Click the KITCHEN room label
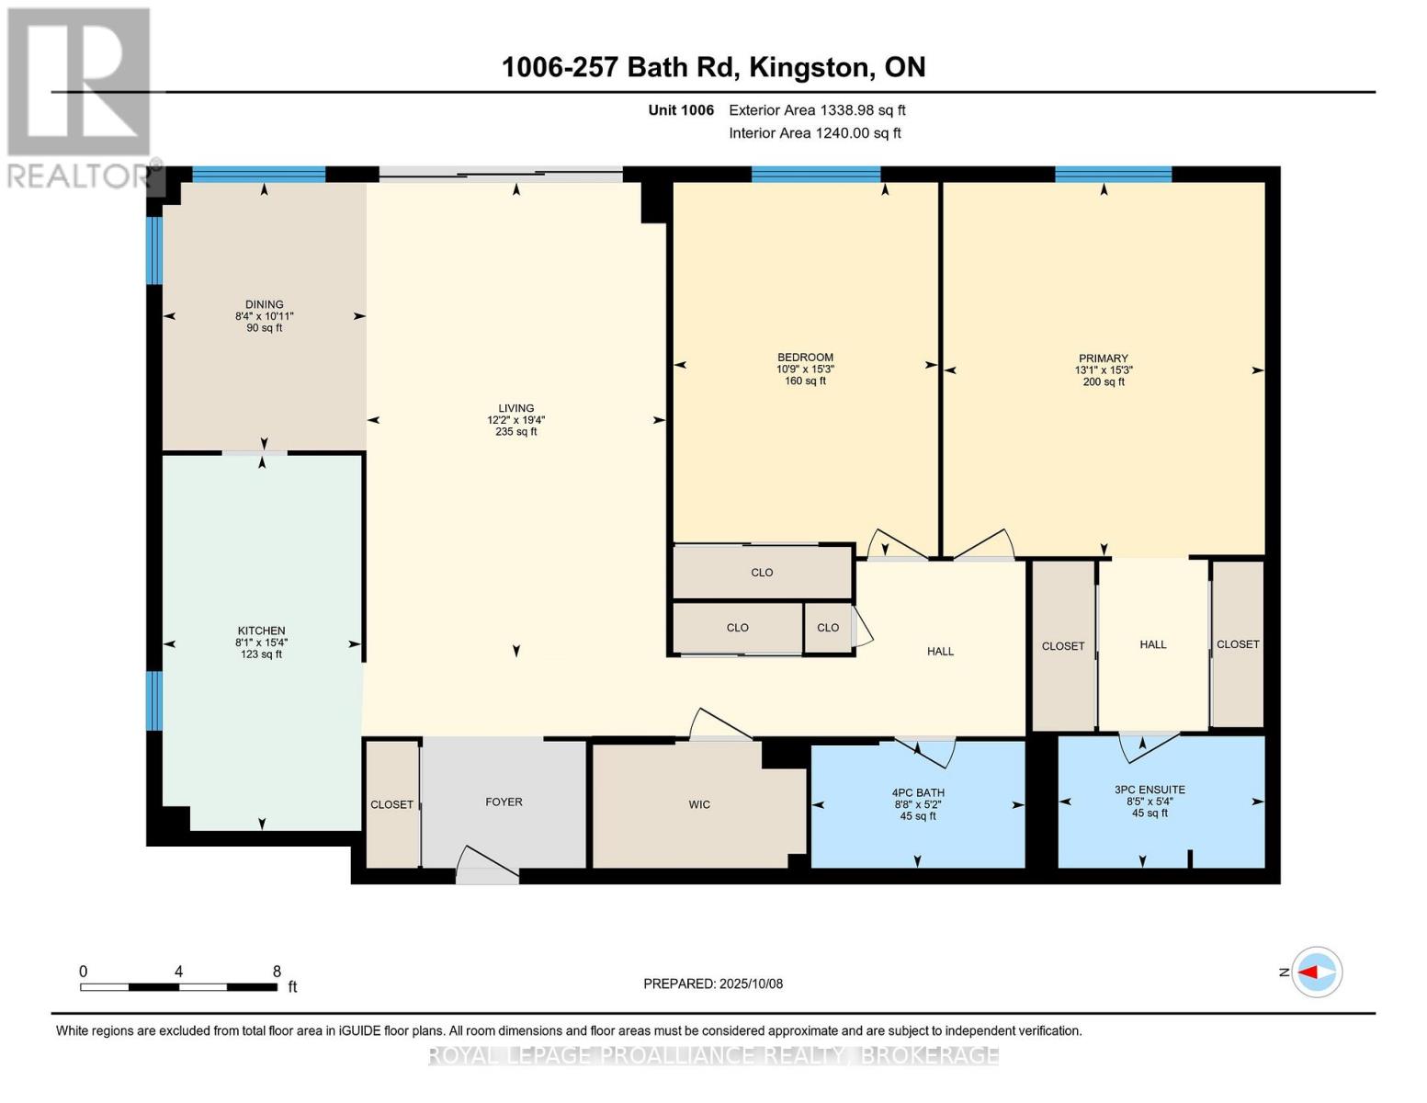coord(261,631)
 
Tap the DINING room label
coord(264,304)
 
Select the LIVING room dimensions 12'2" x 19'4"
coord(516,420)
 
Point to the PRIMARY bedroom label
coord(1104,358)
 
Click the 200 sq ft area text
coord(1104,381)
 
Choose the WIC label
coord(699,805)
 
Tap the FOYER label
coord(504,802)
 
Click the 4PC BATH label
coord(917,793)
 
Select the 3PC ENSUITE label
coord(1150,790)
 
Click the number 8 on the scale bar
coord(277,972)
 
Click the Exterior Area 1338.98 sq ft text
coord(817,110)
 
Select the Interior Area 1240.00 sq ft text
coord(815,133)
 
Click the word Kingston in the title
coord(811,68)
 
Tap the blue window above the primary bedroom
coord(1113,174)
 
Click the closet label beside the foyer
coord(392,805)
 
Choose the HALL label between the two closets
coord(1152,644)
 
